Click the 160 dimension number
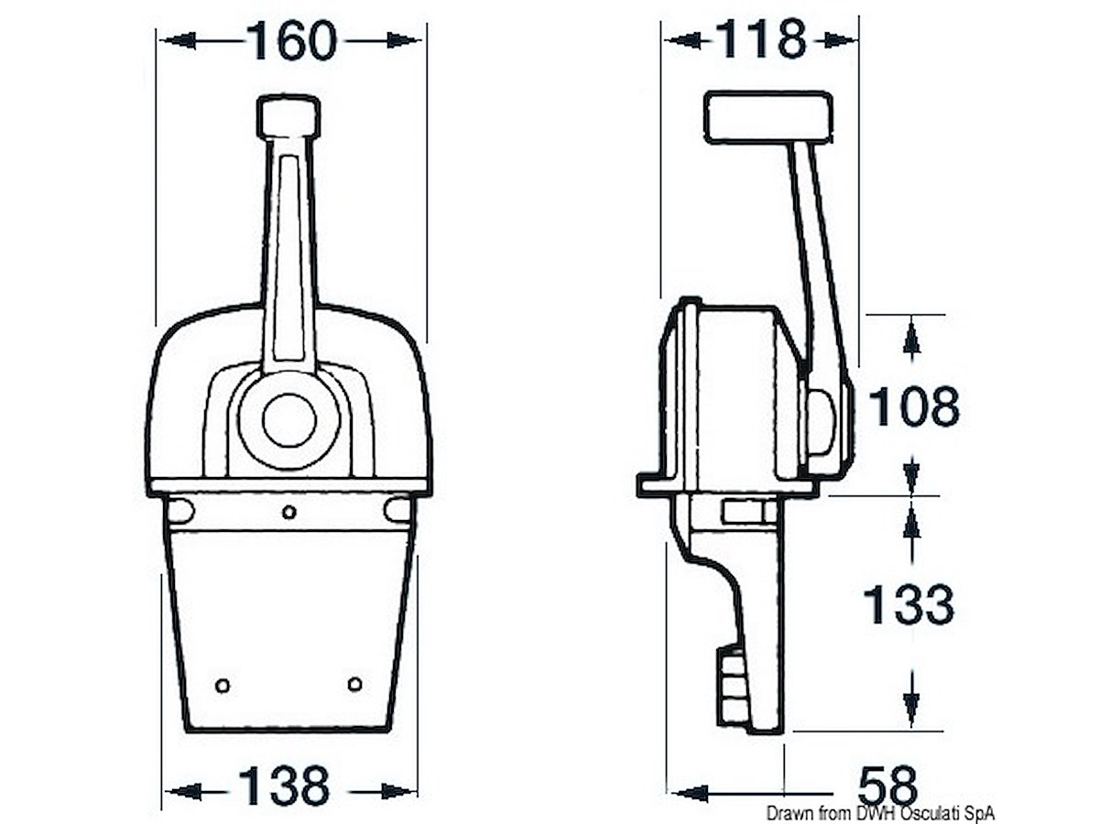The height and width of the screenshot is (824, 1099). click(292, 40)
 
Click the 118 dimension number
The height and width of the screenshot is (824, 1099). click(762, 38)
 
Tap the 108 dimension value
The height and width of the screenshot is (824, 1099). click(914, 407)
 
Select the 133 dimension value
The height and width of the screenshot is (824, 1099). click(909, 605)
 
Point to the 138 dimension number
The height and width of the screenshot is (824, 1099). click(285, 785)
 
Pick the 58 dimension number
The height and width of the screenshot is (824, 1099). click(888, 785)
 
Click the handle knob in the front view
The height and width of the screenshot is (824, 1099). click(288, 116)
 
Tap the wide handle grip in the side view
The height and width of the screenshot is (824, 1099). click(768, 117)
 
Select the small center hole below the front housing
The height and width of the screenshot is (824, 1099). click(289, 512)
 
